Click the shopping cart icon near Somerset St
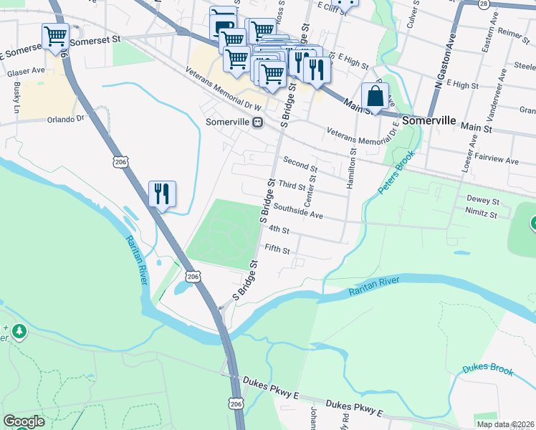56,36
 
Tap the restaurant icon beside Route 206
161,193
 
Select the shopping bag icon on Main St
375,95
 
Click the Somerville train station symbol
257,122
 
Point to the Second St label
300,162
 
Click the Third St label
292,186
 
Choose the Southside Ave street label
298,211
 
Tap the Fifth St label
277,250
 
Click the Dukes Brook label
487,369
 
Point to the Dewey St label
482,201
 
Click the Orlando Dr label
66,119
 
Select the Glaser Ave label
26,72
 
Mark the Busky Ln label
16,97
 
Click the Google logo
24,421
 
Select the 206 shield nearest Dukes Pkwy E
236,405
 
